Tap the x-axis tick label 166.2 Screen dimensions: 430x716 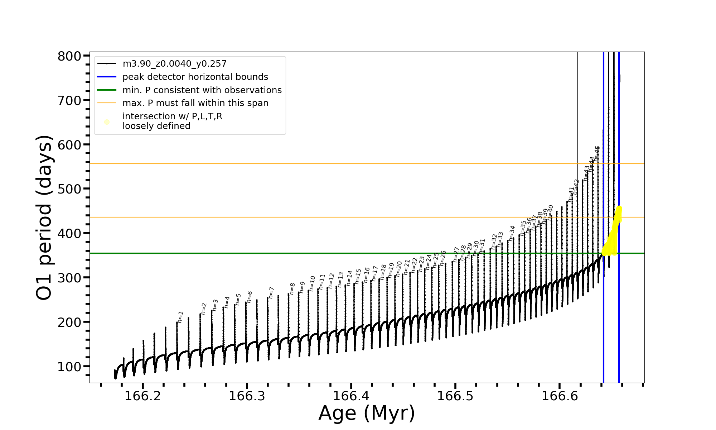(x=142, y=396)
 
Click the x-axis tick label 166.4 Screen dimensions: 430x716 (x=351, y=396)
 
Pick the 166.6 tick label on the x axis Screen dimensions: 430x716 (x=560, y=396)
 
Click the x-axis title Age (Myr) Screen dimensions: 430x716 (x=367, y=413)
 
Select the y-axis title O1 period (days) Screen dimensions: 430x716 (x=44, y=217)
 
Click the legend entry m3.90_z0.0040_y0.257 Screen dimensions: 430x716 (x=174, y=64)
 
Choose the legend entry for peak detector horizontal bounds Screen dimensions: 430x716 (x=195, y=77)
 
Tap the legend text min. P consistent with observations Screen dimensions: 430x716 (x=202, y=90)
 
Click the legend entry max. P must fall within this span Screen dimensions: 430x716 (x=195, y=103)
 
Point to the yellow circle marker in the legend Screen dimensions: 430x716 (x=107, y=122)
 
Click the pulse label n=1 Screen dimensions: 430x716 (x=180, y=317)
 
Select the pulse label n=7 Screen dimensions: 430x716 (x=271, y=292)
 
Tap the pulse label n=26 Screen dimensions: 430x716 (x=443, y=258)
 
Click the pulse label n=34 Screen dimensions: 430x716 (x=512, y=233)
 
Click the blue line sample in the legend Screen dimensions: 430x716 (x=107, y=77)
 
